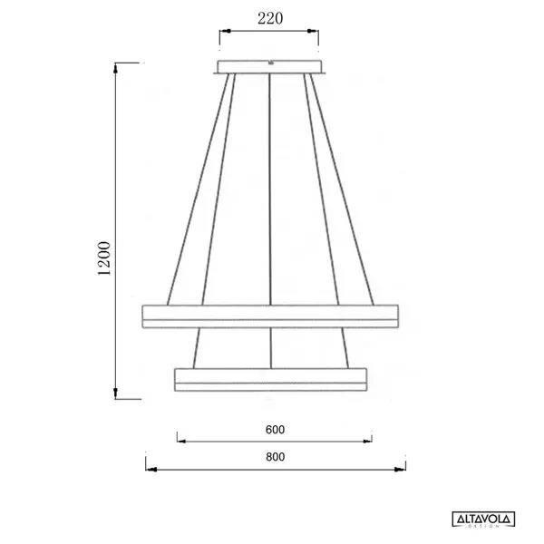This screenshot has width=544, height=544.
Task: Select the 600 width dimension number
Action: (x=277, y=429)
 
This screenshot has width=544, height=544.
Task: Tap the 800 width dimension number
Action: (x=277, y=457)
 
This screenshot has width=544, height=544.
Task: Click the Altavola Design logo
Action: (x=483, y=520)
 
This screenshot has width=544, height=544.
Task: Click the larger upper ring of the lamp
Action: (x=271, y=317)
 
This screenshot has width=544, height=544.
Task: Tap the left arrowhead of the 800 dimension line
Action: (x=150, y=470)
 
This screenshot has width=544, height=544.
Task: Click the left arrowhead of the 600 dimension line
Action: (x=180, y=442)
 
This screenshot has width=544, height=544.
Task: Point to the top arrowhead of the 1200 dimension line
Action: (x=116, y=66)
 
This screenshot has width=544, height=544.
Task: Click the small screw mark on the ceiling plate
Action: (x=270, y=63)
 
